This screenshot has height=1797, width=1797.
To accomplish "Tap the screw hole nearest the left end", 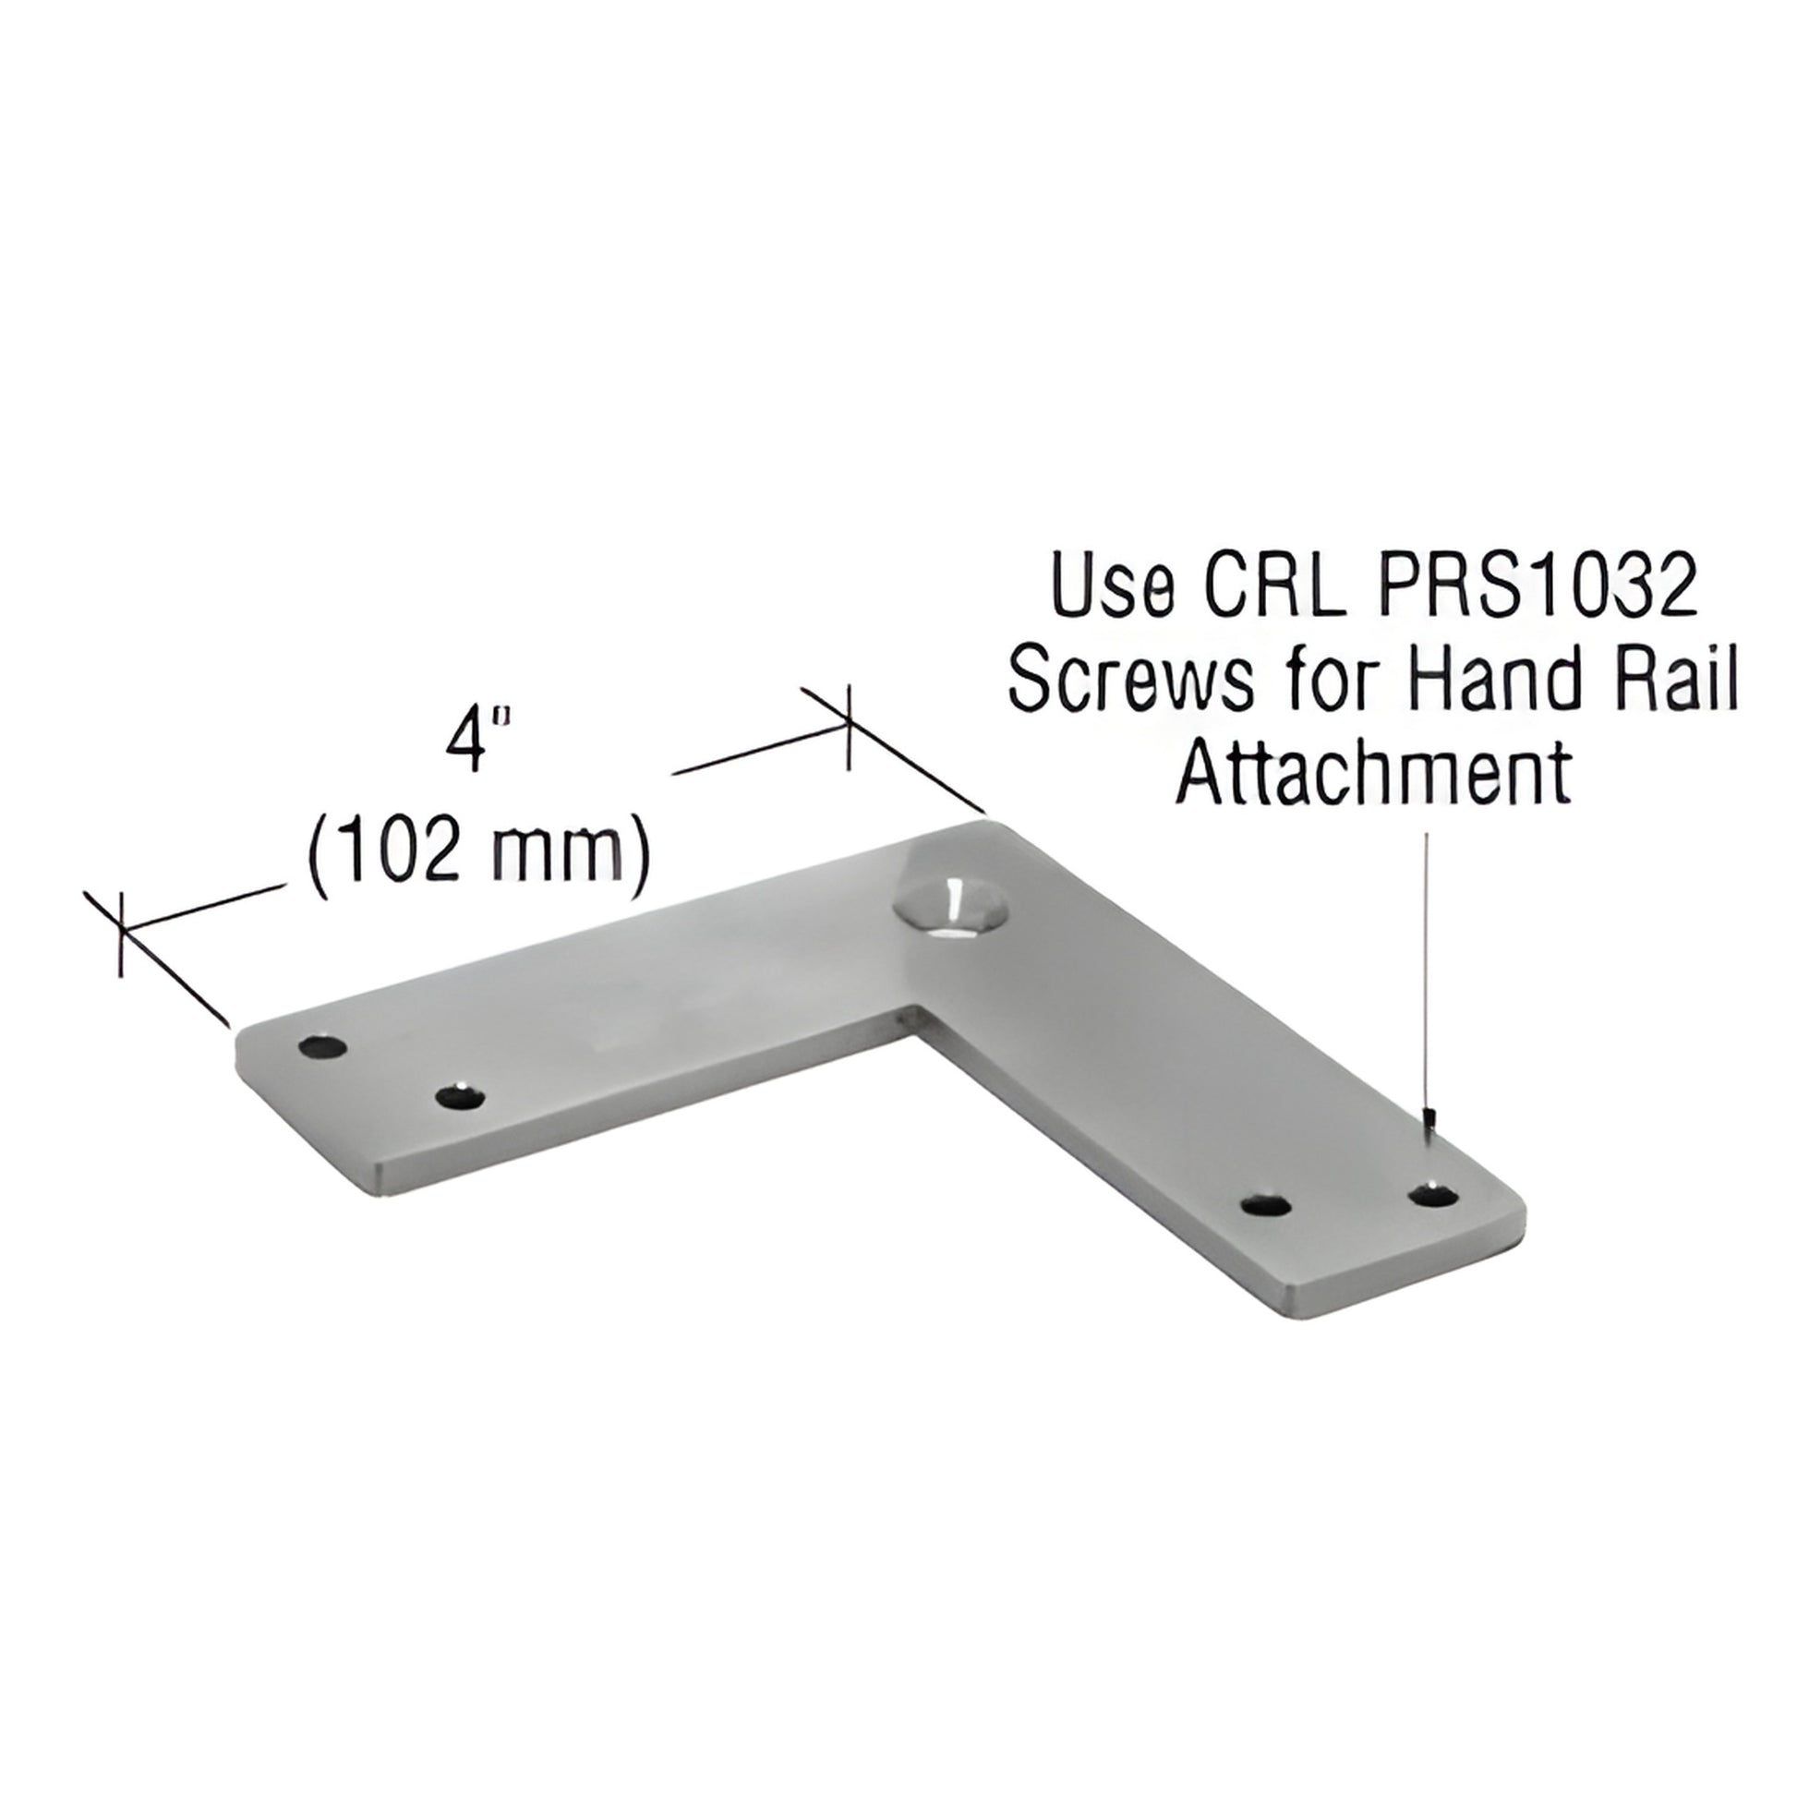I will [322, 1047].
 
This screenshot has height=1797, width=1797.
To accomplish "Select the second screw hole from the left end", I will [461, 1098].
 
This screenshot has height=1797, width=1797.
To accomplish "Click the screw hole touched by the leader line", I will [1432, 1194].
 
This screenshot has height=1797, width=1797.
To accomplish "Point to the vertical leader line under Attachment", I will [1426, 977].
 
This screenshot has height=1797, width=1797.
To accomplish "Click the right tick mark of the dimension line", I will [848, 729].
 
